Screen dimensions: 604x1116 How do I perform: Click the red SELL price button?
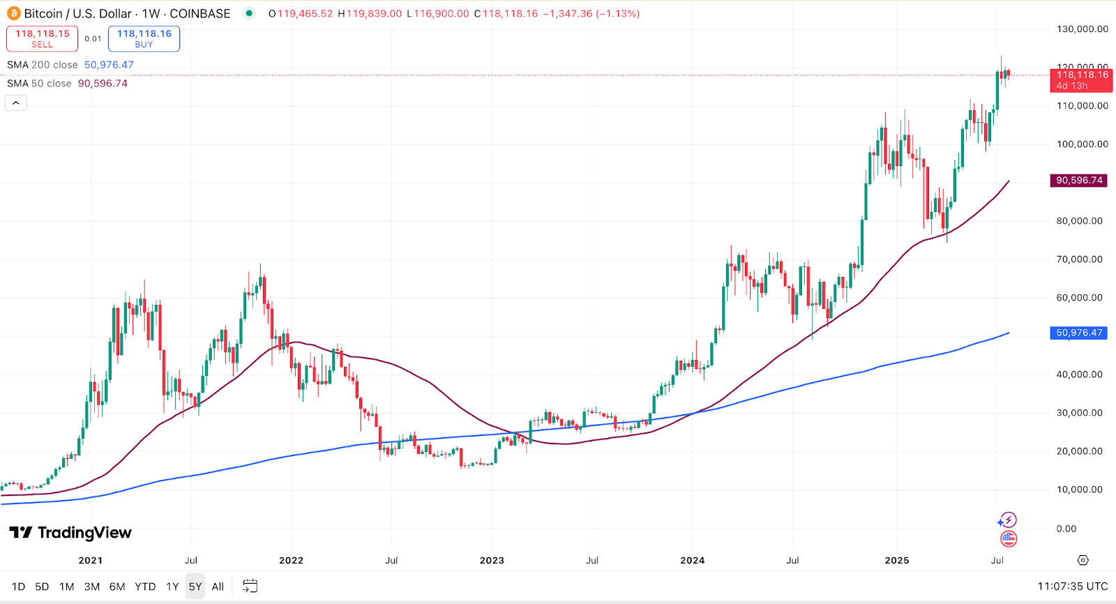coord(42,38)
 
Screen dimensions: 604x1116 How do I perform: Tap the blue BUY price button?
coord(144,38)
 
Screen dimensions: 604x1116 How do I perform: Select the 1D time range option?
coord(19,587)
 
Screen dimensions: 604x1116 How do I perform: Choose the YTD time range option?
coord(145,587)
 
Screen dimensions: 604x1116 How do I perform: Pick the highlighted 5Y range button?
coord(195,587)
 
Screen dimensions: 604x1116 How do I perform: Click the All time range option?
coord(218,587)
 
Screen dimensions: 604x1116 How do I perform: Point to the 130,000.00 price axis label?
coord(1082,29)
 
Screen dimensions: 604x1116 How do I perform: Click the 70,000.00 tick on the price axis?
coord(1079,259)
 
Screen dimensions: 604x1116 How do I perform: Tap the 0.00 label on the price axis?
coord(1066,529)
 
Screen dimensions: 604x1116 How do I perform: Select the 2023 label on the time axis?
coord(492,560)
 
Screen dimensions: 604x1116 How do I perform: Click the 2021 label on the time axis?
coord(91,560)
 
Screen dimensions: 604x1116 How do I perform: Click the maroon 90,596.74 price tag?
coord(1079,180)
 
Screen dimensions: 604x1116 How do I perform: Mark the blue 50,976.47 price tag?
coord(1079,333)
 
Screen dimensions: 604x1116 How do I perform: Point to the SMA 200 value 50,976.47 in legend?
coord(109,65)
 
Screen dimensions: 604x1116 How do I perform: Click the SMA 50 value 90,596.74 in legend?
coord(103,84)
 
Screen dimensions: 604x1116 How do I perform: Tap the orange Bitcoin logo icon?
coord(13,13)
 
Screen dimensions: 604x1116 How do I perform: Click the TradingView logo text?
coord(70,533)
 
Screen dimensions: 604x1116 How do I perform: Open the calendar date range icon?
coord(250,586)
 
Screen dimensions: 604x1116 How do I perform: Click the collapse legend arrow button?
coord(16,103)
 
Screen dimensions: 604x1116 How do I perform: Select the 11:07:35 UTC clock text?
coord(1072,587)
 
